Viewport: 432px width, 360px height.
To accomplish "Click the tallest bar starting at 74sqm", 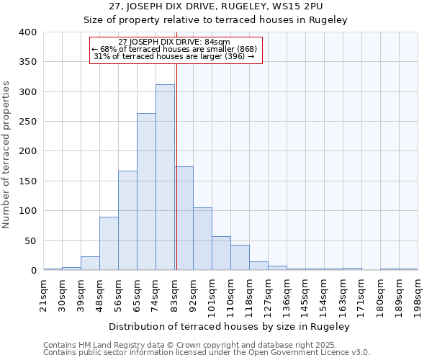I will pyautogui.click(x=165, y=177).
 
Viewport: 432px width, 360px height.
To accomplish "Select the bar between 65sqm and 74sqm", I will pyautogui.click(x=146, y=192).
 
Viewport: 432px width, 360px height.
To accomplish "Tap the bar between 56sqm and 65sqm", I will pyautogui.click(x=127, y=220).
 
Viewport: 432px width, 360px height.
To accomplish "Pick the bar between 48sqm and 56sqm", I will pyautogui.click(x=109, y=243).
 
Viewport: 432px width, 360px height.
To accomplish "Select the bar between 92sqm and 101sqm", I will pyautogui.click(x=202, y=239).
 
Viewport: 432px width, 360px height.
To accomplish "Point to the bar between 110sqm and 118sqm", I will pyautogui.click(x=240, y=258).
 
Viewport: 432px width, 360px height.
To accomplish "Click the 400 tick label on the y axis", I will pyautogui.click(x=28, y=32).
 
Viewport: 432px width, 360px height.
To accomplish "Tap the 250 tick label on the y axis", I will pyautogui.click(x=28, y=122).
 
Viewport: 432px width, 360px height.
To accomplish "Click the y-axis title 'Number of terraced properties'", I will pyautogui.click(x=7, y=155).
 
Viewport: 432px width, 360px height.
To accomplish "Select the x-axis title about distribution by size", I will pyautogui.click(x=230, y=326).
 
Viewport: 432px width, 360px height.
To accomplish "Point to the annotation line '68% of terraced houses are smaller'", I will pyautogui.click(x=174, y=49).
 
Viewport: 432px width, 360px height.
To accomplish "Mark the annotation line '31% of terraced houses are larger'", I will pyautogui.click(x=174, y=56).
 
